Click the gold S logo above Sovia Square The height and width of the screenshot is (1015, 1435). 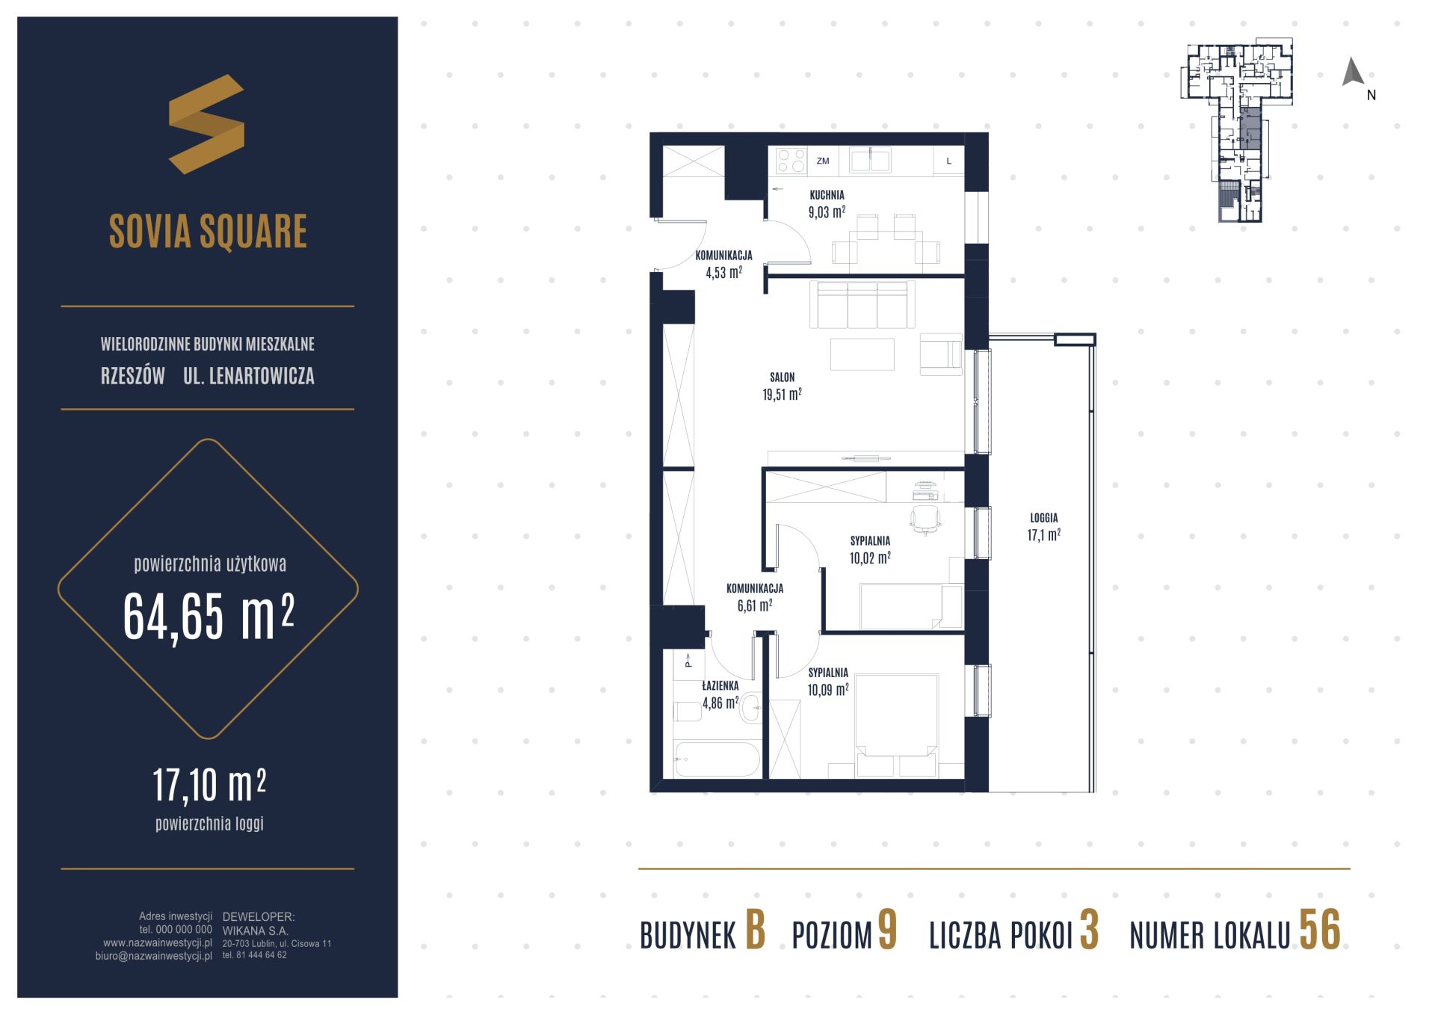coord(206,124)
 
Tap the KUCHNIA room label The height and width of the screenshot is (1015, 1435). coord(827,195)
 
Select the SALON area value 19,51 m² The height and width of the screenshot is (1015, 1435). coord(782,394)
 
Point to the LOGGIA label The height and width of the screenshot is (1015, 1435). coord(1043,517)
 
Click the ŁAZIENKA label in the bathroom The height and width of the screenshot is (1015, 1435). coord(720,685)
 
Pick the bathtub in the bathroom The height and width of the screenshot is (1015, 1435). coord(716,759)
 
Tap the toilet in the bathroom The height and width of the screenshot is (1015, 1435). coord(687,711)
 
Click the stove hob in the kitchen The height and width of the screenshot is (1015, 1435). coord(791,161)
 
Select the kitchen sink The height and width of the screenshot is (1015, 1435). coord(869,160)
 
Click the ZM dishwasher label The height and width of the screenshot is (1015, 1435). coord(823,161)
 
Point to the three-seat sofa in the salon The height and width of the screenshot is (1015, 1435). coord(862,304)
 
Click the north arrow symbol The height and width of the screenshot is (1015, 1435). coord(1353,72)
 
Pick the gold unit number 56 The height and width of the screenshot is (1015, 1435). coord(1320,930)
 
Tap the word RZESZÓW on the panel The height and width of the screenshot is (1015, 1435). coord(133,376)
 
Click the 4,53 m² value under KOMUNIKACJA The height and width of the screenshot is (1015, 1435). coord(723,272)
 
